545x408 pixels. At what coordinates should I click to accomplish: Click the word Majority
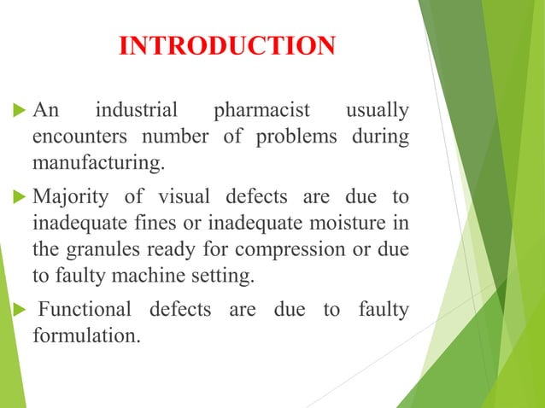pos(66,197)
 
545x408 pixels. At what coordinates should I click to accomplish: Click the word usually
pos(375,112)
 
